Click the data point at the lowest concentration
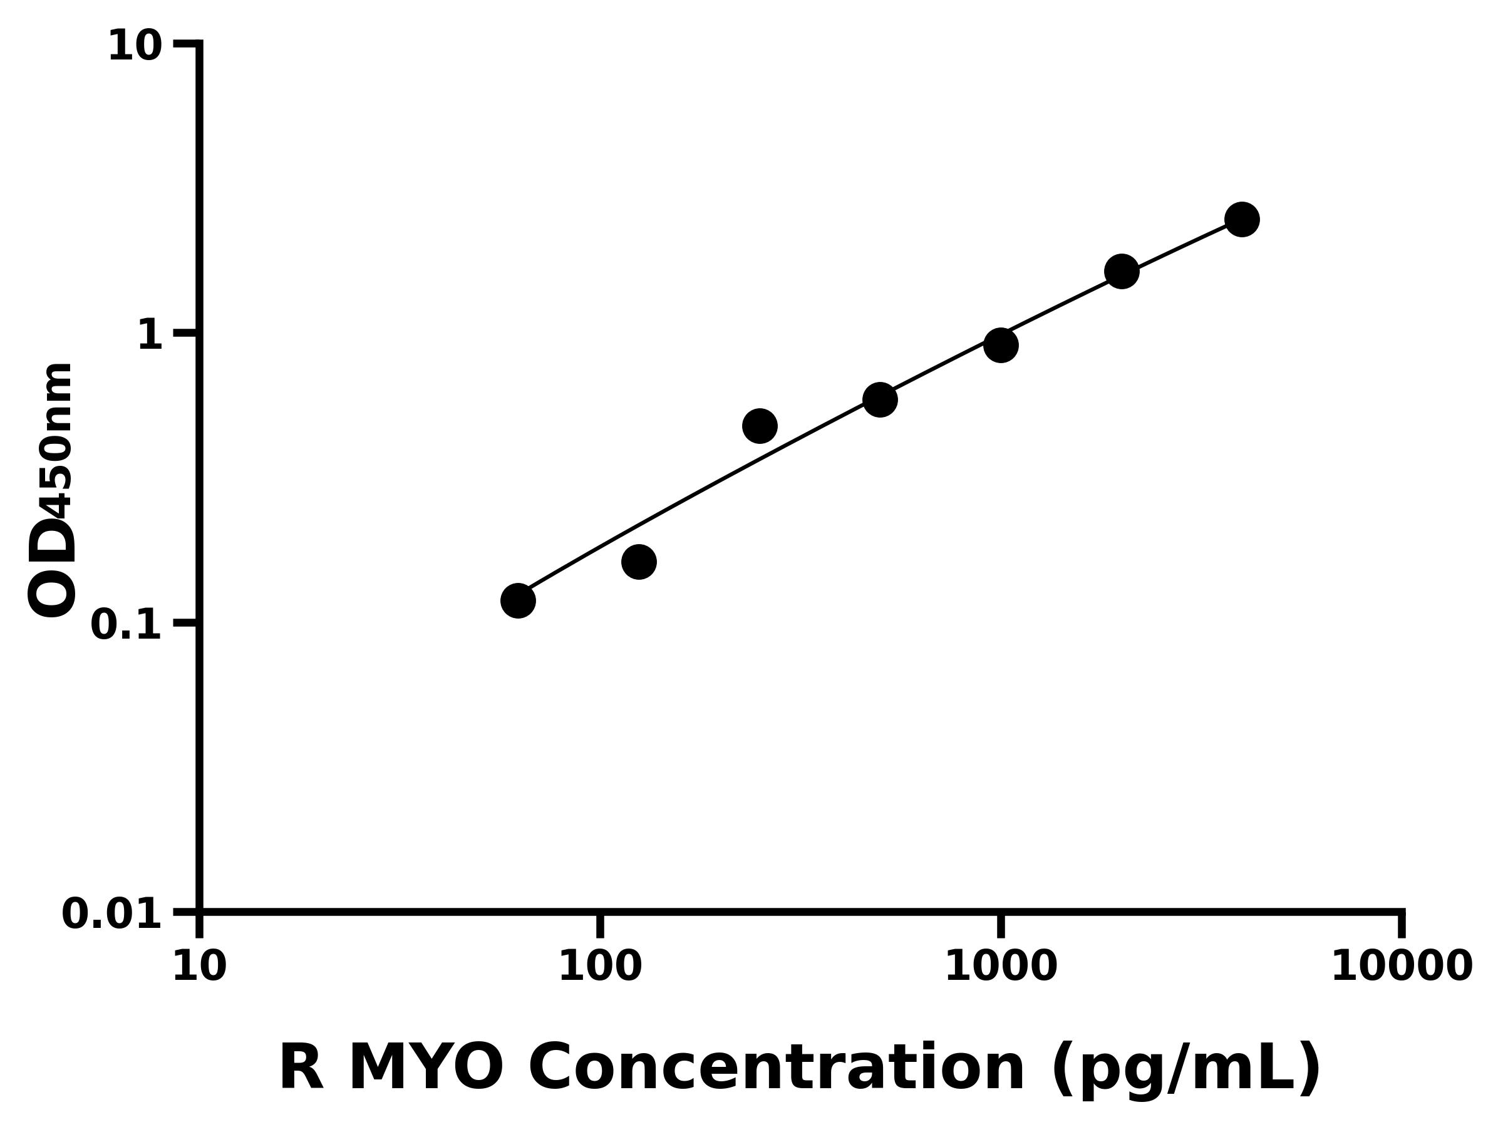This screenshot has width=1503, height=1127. pyautogui.click(x=518, y=600)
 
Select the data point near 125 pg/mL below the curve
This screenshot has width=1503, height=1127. pyautogui.click(x=639, y=562)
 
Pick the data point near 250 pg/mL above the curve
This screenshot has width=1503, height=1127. pyautogui.click(x=760, y=426)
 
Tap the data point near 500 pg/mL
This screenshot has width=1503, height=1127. pyautogui.click(x=880, y=399)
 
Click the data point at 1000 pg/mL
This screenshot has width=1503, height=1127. pyautogui.click(x=1001, y=345)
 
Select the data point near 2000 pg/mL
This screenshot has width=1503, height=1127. pyautogui.click(x=1122, y=272)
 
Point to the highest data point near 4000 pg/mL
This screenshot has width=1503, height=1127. pyautogui.click(x=1242, y=219)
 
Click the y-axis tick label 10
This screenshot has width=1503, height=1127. pyautogui.click(x=135, y=48)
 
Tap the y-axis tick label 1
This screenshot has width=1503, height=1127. pyautogui.click(x=150, y=336)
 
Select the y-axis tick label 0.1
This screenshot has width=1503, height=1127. pyautogui.click(x=127, y=625)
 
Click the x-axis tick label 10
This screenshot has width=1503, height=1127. pyautogui.click(x=199, y=967)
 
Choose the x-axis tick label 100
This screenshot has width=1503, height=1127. pyautogui.click(x=600, y=967)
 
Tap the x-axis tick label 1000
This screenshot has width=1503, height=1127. pyautogui.click(x=1001, y=967)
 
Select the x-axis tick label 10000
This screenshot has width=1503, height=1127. pyautogui.click(x=1401, y=967)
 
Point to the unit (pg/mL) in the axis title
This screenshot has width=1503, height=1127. pyautogui.click(x=1185, y=1070)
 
